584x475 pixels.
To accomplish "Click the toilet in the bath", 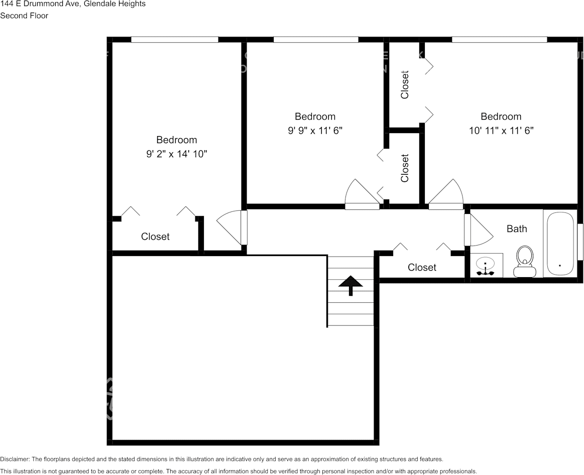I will click(525, 261).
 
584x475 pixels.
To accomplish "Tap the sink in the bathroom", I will click(486, 266).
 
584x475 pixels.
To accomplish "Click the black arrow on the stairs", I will click(351, 285).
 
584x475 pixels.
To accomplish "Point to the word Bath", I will click(517, 229).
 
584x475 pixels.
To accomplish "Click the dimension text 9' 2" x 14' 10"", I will click(177, 154).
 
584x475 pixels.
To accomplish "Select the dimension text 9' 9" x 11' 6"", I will click(315, 131).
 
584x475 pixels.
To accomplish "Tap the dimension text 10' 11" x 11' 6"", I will click(501, 131).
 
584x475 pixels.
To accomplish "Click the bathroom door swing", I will click(478, 229).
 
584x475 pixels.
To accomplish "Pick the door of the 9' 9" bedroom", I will click(362, 196).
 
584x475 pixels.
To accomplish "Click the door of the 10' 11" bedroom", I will click(446, 196).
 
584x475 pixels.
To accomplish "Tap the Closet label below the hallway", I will click(422, 268).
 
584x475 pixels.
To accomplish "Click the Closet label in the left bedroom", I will click(155, 236).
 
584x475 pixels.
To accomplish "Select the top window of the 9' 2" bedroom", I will click(174, 40).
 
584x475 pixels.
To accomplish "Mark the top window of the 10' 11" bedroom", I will click(499, 40).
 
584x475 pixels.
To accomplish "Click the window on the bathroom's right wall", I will click(580, 242).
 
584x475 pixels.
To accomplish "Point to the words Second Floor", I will click(24, 16).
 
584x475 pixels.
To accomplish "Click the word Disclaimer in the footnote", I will click(15, 459).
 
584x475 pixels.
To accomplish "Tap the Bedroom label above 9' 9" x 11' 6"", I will click(315, 116).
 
